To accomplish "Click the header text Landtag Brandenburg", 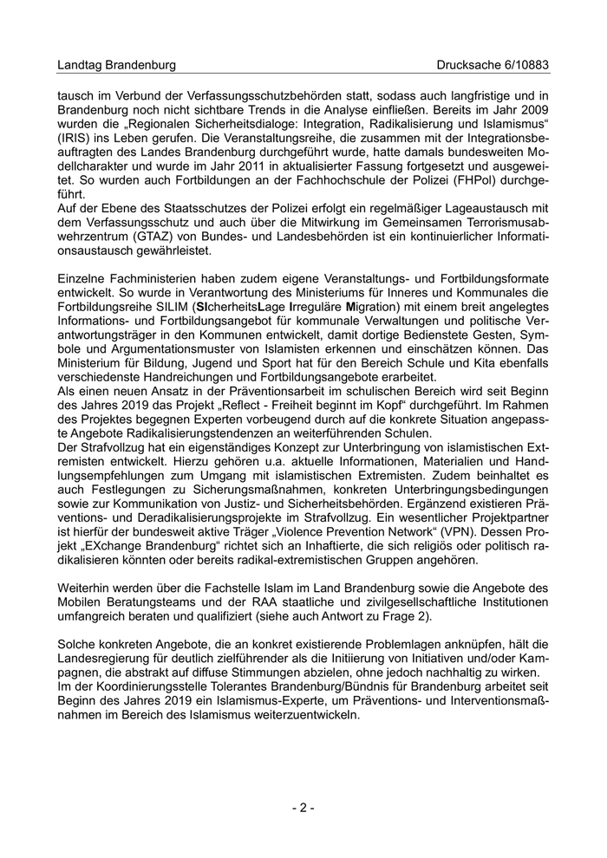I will point(116,65).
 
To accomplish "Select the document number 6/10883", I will point(524,65).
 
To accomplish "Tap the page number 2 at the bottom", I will point(303,809).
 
